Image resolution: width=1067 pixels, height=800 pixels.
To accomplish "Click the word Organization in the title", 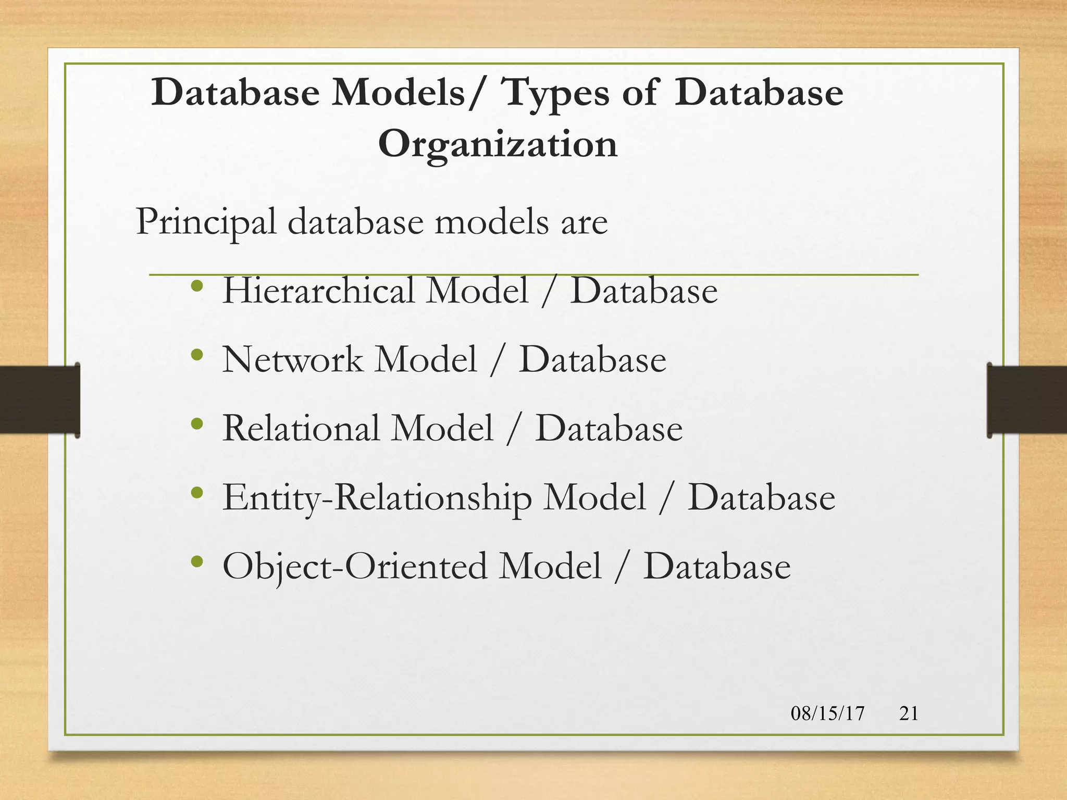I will [498, 144].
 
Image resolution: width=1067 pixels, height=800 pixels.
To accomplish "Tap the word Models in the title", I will [399, 93].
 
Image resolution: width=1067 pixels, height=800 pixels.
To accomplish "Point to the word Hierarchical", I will [318, 290].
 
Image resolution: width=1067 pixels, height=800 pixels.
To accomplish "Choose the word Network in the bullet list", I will [292, 359].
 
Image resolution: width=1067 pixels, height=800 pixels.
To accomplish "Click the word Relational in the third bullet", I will [301, 428].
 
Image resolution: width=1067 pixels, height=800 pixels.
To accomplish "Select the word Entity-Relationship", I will [377, 497].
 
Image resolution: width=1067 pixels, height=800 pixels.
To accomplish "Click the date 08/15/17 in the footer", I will [827, 713].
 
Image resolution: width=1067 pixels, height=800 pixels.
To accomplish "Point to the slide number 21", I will [909, 713].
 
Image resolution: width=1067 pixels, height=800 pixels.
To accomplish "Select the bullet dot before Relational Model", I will [196, 424].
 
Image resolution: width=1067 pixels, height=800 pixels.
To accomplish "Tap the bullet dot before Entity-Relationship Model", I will [196, 493].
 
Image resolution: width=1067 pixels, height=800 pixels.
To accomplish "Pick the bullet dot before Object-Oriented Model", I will [196, 561].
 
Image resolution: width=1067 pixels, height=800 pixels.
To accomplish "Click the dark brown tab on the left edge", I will [40, 399].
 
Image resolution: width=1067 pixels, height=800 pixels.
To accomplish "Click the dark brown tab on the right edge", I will [1027, 399].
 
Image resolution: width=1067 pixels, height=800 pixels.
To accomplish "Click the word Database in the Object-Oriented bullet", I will [717, 566].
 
